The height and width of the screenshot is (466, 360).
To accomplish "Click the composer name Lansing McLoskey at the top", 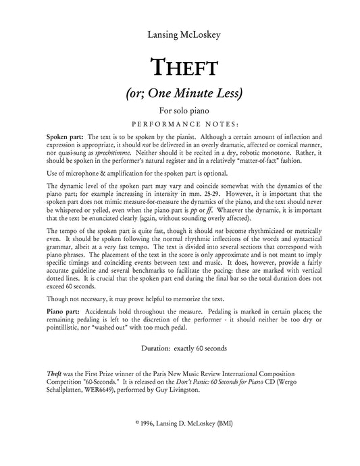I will tap(180, 34).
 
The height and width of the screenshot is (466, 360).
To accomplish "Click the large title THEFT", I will tap(180, 68).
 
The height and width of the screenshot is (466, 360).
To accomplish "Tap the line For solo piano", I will tap(180, 111).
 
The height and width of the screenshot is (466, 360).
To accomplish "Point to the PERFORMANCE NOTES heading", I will tap(180, 124).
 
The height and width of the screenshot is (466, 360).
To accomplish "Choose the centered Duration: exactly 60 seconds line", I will tap(180, 349).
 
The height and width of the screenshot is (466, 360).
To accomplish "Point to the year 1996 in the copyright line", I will tap(149, 423).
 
